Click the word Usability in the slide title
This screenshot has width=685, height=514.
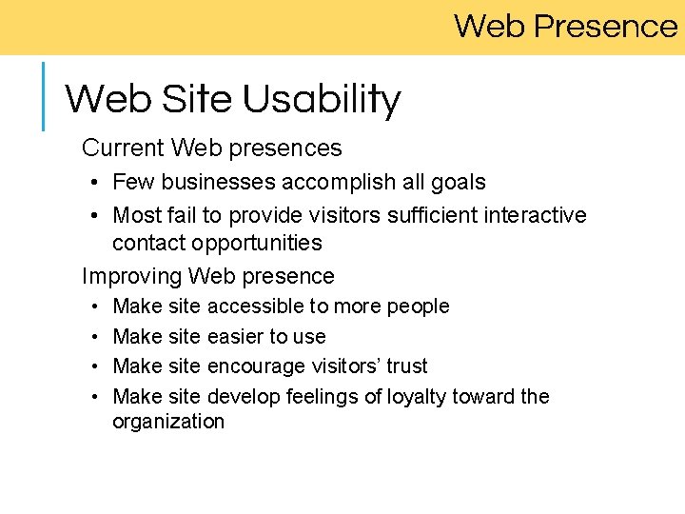[x=322, y=100]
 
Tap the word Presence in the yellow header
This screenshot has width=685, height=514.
[x=605, y=26]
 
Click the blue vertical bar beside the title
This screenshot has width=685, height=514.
[x=43, y=95]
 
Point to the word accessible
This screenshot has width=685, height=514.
[x=254, y=306]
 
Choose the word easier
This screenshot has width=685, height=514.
[x=235, y=337]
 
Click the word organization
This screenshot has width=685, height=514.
[x=168, y=422]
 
